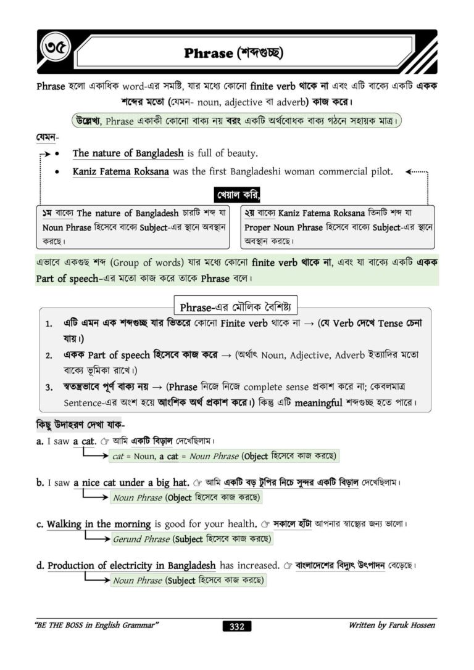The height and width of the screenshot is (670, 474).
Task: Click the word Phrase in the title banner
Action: pos(208,53)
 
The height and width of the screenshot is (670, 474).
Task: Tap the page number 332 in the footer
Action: pos(236,626)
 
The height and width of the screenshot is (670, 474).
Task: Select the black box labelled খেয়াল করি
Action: pos(237,196)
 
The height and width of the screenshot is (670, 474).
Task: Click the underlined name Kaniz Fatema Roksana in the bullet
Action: pos(120,171)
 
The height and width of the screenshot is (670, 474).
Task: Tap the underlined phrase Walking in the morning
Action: pos(99,524)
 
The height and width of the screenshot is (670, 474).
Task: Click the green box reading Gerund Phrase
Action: pos(191,539)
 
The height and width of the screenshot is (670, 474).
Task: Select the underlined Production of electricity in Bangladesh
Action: pos(131,565)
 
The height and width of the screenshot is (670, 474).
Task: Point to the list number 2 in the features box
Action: pos(48,356)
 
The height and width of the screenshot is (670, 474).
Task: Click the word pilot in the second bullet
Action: pos(380,171)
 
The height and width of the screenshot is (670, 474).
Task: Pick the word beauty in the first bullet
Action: pos(238,153)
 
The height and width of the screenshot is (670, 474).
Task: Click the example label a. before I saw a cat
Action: pos(39,441)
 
